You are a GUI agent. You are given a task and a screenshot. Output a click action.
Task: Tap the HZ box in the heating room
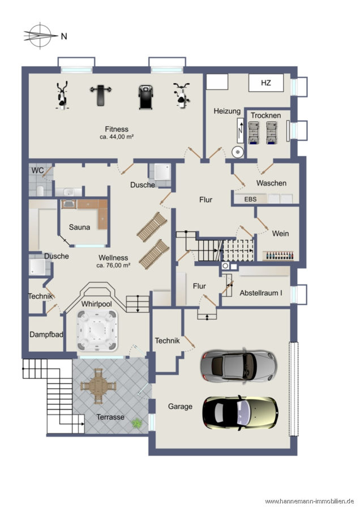click(x=266, y=83)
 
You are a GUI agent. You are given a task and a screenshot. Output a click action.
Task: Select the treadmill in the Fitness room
click(x=145, y=97)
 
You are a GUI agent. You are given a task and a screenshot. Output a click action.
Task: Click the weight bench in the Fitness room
click(x=101, y=96)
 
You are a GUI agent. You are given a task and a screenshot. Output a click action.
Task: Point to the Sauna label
click(x=79, y=227)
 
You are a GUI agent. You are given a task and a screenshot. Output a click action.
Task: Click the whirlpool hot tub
click(x=97, y=331)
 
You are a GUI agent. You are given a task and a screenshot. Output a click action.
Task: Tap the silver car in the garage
click(x=239, y=366)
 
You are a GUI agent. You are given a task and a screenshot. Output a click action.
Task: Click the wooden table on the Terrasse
click(x=98, y=386)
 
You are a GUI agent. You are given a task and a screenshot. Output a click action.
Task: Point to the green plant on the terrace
click(x=137, y=423)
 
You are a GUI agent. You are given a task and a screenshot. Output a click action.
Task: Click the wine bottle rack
click(x=278, y=256)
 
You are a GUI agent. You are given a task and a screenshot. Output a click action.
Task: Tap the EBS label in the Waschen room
click(x=250, y=199)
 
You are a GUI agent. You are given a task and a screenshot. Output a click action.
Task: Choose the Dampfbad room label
click(x=46, y=334)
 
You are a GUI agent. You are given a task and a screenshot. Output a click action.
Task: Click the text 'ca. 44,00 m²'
click(x=117, y=137)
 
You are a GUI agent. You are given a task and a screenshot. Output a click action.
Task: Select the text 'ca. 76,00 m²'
click(x=113, y=266)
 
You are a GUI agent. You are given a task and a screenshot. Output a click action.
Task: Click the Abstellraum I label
click(x=261, y=293)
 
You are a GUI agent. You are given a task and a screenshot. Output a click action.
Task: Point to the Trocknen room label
click(x=266, y=115)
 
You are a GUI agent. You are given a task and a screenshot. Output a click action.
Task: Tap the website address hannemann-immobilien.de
click(x=310, y=502)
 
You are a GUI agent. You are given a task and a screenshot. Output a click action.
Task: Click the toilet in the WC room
click(x=40, y=191)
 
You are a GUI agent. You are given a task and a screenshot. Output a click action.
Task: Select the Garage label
click(x=180, y=407)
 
